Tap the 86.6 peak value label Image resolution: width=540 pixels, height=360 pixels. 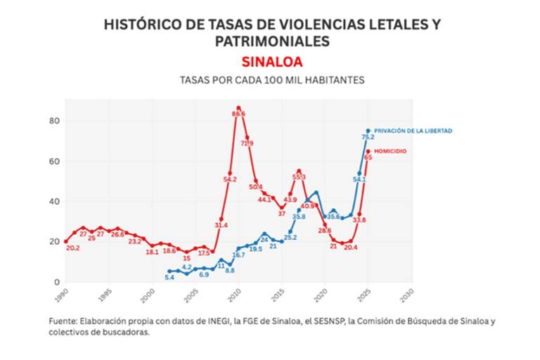238,113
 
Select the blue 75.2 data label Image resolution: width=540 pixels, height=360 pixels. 367,137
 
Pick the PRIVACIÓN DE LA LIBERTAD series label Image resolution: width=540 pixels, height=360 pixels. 413,131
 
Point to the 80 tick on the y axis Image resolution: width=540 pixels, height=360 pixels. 53,121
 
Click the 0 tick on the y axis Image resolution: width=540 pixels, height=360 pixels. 56,282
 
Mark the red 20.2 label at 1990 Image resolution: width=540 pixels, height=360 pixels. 72,248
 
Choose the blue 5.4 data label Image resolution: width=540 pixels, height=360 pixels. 169,278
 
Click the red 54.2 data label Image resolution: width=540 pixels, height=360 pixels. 230,179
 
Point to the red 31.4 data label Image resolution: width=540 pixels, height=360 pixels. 221,225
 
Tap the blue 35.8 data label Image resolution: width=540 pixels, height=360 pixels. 299,217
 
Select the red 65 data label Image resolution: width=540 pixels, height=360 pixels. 368,157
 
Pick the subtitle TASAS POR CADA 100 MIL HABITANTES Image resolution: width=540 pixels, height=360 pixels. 272,80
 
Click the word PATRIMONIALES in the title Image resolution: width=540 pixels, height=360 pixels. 272,41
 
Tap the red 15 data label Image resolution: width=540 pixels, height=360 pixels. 186,259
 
